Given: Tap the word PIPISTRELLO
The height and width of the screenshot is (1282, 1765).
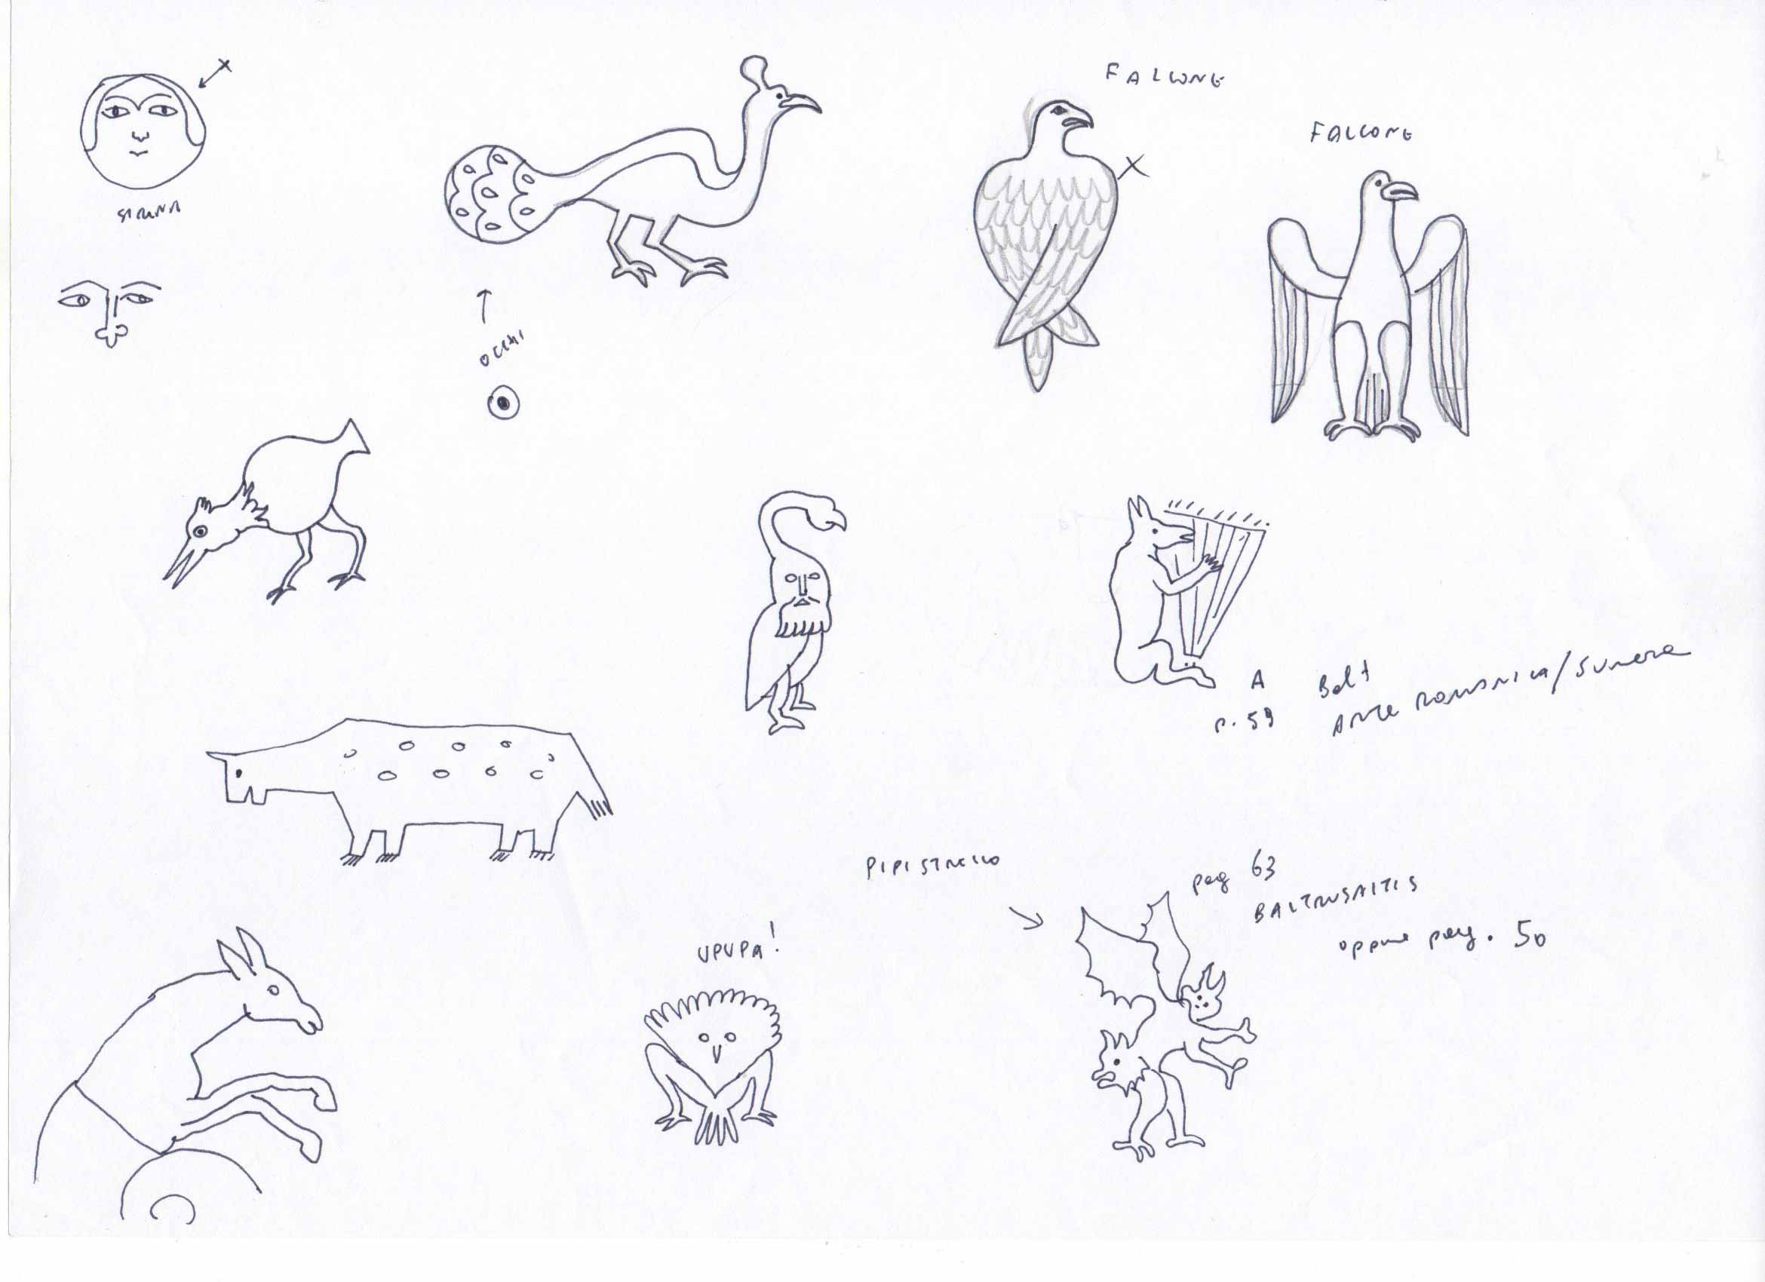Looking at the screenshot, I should point(932,865).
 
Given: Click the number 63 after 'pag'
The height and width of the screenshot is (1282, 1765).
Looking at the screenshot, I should point(1263,869).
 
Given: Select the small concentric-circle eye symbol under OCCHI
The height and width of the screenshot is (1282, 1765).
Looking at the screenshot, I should point(504,403).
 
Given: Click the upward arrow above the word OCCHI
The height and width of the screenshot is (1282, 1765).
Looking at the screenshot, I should point(483,305).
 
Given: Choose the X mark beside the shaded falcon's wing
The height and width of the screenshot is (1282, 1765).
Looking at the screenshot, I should point(1132,166).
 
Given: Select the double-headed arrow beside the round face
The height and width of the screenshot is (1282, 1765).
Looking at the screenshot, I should point(214,75).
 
